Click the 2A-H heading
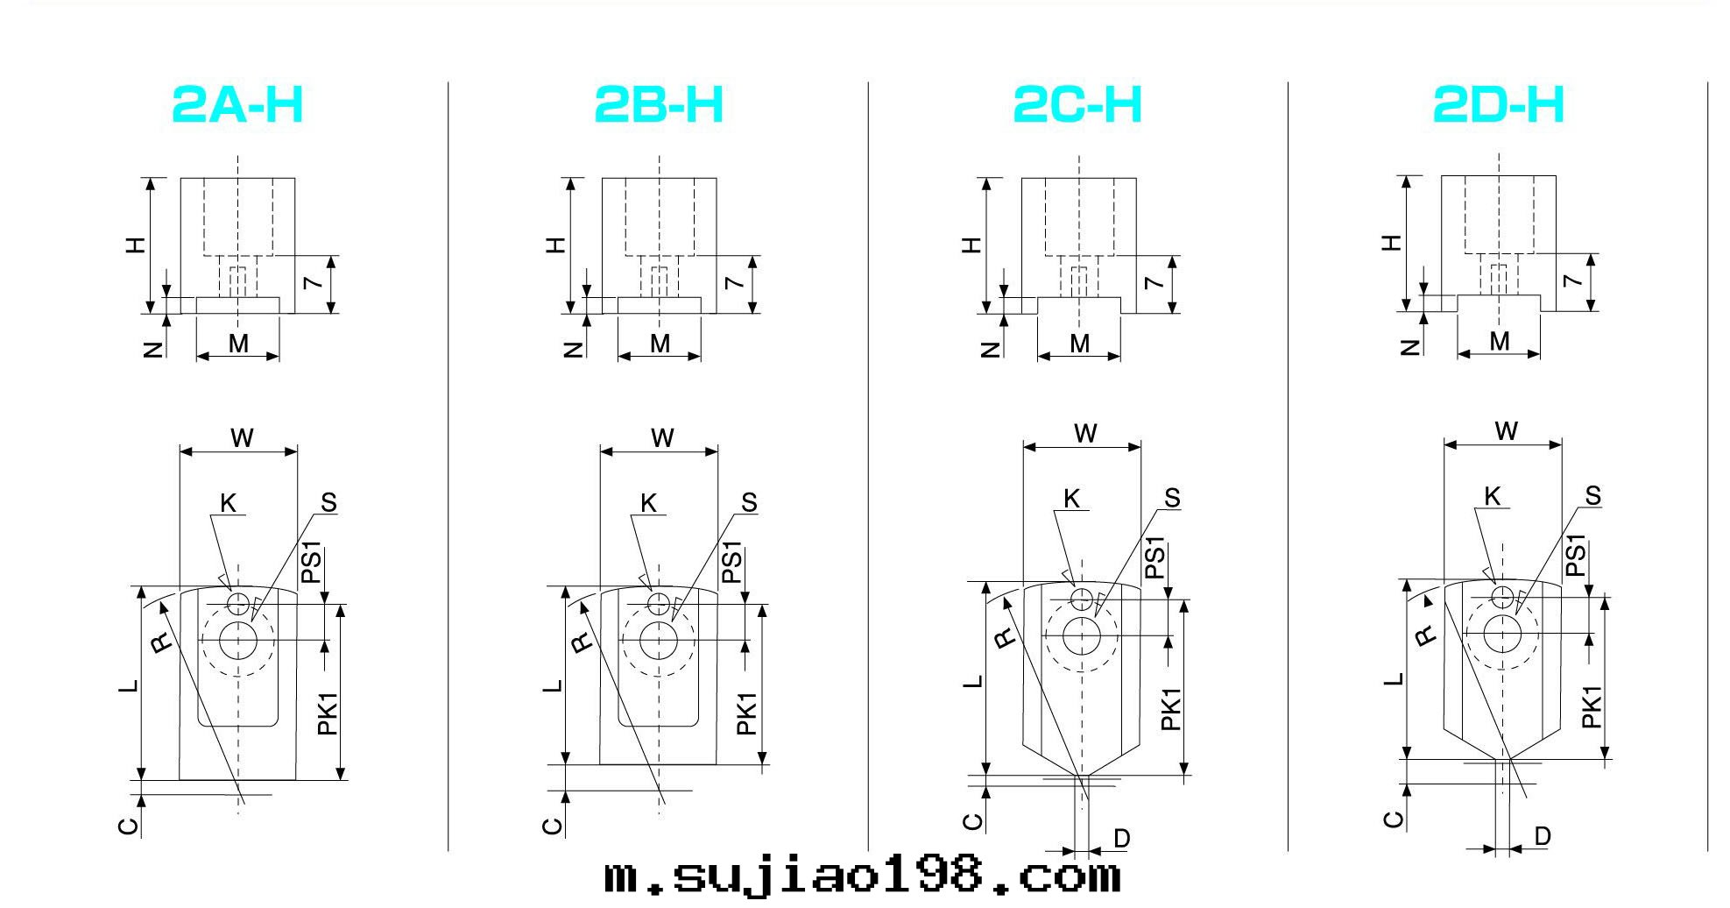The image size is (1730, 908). (x=237, y=104)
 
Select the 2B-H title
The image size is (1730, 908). (x=659, y=104)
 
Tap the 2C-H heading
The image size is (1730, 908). (x=1077, y=104)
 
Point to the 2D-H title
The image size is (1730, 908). (x=1498, y=104)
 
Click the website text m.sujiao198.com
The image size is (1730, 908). (x=862, y=876)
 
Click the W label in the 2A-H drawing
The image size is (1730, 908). (x=242, y=437)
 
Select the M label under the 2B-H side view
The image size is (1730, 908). (x=660, y=344)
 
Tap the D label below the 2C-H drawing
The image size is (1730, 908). (x=1121, y=839)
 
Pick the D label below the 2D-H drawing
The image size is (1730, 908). (x=1543, y=836)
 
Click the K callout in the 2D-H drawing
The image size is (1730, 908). (x=1493, y=497)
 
